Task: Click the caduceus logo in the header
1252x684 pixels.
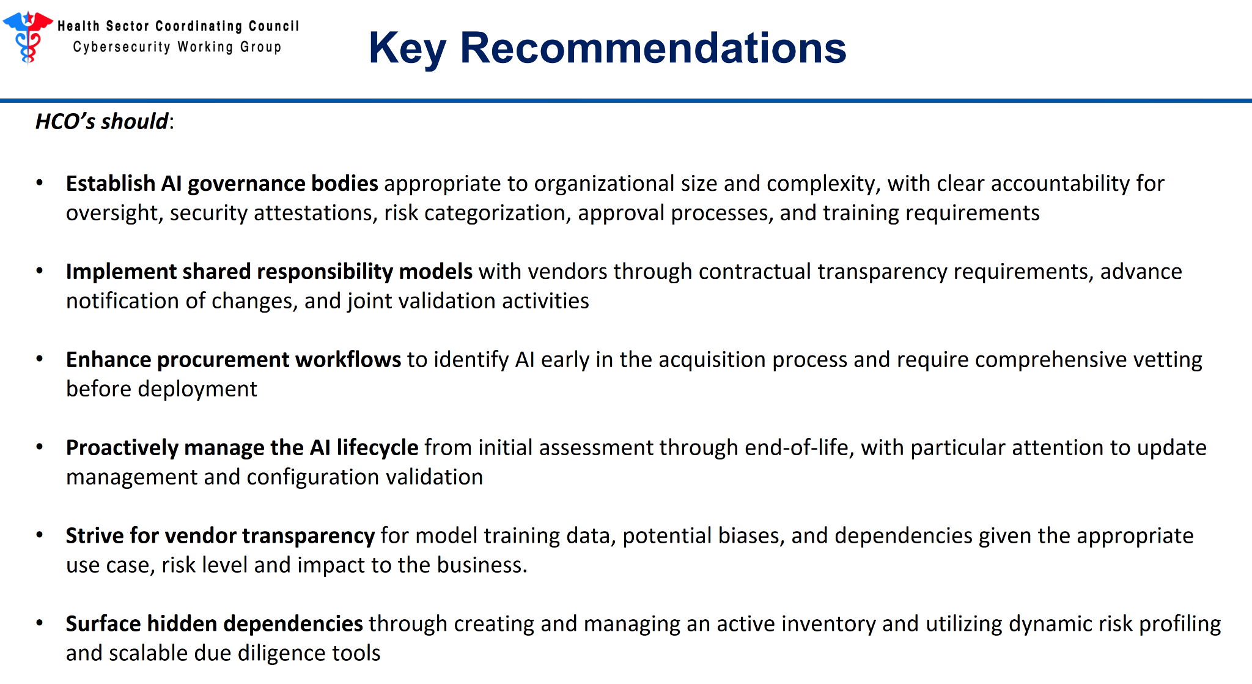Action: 28,37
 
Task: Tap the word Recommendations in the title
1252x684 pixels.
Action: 653,48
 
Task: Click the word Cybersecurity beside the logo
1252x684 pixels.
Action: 122,47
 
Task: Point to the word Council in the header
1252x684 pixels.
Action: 274,26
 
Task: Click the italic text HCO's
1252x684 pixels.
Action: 65,121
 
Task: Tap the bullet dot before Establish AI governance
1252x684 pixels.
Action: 40,182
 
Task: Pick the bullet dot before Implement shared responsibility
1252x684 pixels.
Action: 40,270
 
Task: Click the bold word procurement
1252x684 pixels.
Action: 223,360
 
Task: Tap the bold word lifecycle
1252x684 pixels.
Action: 377,448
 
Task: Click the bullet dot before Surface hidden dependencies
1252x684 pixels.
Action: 40,623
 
